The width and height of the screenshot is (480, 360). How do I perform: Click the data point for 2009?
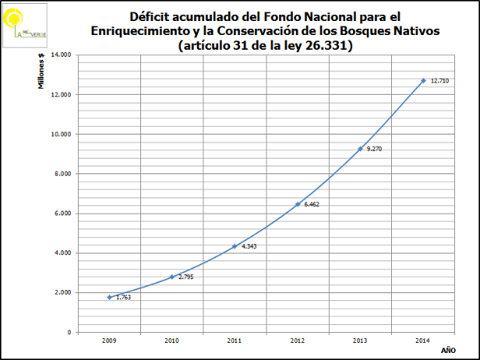(109, 297)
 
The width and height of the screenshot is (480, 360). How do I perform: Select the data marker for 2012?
(298, 204)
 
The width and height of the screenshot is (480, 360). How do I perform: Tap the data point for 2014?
(423, 80)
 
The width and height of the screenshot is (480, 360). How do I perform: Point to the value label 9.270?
(373, 148)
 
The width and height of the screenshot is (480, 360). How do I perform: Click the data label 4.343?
(248, 247)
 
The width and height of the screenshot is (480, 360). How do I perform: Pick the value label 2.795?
(185, 277)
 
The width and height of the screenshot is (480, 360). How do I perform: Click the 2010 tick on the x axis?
(171, 340)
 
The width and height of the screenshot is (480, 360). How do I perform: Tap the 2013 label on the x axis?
(360, 340)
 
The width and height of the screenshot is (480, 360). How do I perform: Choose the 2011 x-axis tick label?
(235, 340)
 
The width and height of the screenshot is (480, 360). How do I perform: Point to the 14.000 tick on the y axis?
(61, 55)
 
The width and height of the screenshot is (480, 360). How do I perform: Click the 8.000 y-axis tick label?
(62, 174)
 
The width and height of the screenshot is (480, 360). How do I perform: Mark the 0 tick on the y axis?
(69, 332)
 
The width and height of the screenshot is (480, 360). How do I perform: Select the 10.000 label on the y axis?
(61, 134)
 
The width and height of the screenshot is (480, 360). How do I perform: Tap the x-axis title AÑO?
(447, 350)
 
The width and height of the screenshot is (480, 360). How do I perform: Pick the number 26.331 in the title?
(326, 45)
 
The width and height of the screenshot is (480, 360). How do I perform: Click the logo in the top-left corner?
(24, 22)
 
